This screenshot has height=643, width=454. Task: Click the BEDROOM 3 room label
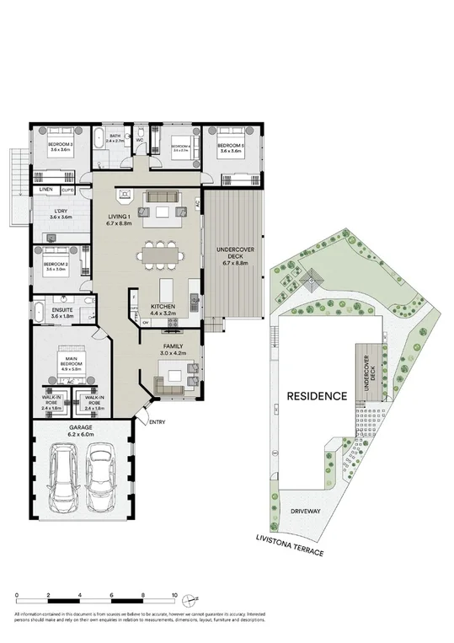(x=60, y=144)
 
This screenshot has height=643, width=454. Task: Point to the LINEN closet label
(x=45, y=190)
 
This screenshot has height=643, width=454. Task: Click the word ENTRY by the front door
(x=158, y=422)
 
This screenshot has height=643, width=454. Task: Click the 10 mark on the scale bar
(x=174, y=596)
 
